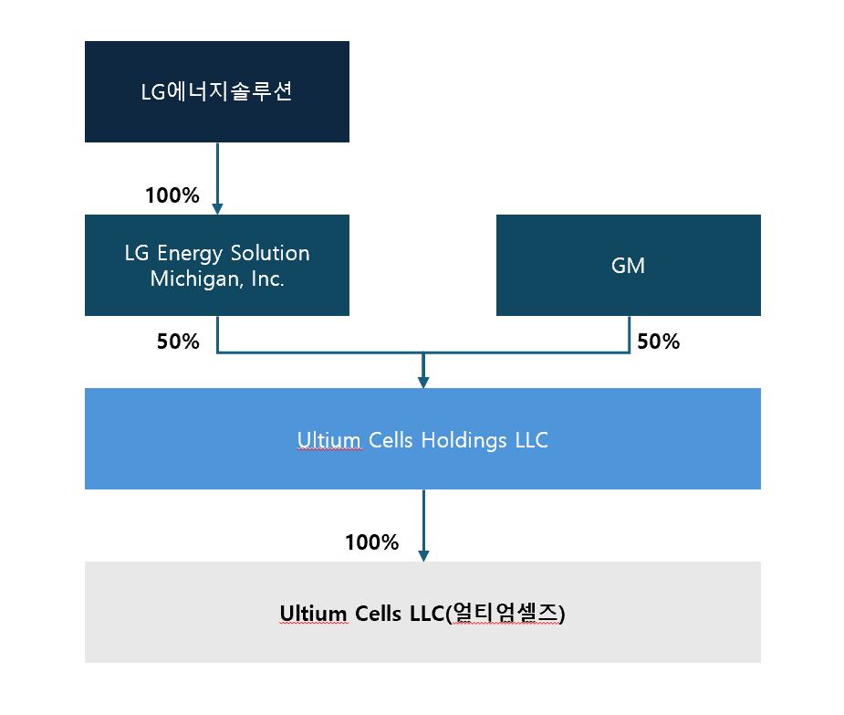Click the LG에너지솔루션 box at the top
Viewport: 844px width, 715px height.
click(217, 91)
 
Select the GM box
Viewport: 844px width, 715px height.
click(628, 265)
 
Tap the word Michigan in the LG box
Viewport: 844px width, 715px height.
click(186, 279)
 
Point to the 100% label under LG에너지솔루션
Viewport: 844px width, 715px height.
click(172, 195)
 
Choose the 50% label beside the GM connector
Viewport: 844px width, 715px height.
click(659, 342)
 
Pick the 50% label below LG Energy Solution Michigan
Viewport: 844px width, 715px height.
click(177, 342)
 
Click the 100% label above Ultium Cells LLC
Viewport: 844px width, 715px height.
click(371, 542)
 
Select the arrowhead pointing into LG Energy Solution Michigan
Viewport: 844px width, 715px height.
click(217, 208)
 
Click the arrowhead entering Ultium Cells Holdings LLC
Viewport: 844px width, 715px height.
click(422, 381)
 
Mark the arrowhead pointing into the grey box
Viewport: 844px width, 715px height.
click(422, 554)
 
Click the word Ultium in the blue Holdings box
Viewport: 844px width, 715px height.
click(324, 440)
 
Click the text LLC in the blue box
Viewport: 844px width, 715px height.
click(530, 440)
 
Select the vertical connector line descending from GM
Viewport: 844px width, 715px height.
click(630, 334)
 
